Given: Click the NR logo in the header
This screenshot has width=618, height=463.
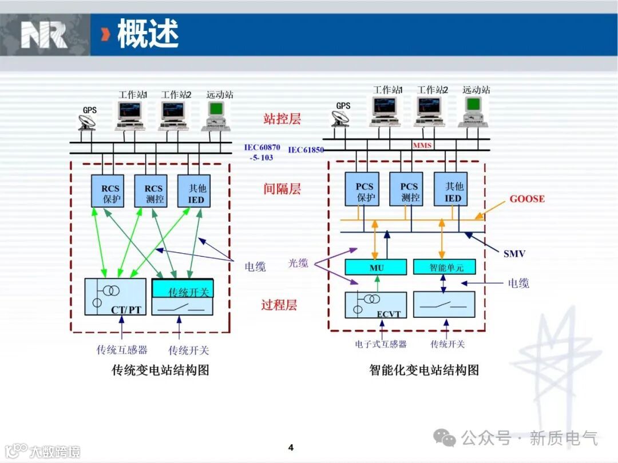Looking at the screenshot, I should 44,35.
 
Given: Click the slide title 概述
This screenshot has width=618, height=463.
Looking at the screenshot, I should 148,34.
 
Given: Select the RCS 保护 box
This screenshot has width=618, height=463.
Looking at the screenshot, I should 108,191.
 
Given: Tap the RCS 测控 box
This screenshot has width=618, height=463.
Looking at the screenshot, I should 151,191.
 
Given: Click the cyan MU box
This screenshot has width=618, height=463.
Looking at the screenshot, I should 375,267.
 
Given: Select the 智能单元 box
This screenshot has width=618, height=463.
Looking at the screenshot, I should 445,267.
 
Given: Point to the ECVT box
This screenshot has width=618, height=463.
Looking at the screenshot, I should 375,305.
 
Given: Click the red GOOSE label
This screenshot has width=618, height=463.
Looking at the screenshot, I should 527,199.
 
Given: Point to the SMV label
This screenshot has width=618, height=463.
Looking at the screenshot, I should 514,253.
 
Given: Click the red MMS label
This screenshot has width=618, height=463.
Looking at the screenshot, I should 422,146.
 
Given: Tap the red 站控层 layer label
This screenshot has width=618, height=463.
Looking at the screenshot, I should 282,119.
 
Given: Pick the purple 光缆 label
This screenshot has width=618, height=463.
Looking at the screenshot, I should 298,263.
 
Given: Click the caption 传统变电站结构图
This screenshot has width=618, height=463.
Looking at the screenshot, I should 161,370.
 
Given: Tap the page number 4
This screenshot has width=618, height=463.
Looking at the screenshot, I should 291,447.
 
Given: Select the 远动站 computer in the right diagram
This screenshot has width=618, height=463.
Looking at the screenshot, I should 474,111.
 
